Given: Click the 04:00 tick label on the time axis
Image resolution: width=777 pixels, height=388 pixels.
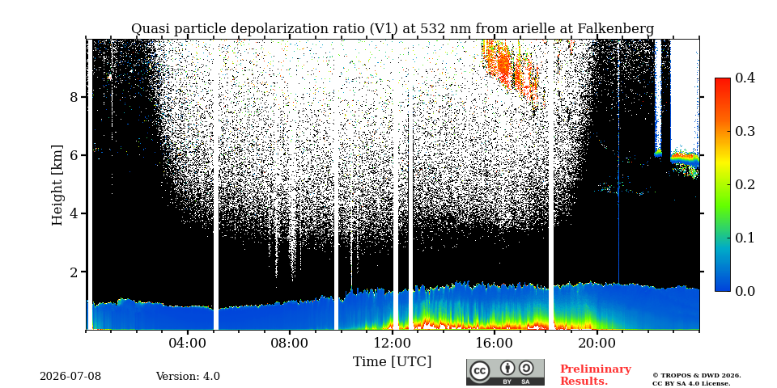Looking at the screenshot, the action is point(188,343).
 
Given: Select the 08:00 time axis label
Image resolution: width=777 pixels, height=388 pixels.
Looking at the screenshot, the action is point(290,343).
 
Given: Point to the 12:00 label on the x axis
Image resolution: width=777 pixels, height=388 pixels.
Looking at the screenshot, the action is point(392,343).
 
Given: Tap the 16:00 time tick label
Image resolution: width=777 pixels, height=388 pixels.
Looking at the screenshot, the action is point(494,343).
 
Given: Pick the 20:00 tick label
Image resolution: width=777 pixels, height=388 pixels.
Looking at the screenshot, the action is point(597,343).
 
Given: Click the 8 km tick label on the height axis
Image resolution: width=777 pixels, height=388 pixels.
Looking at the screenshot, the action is point(74,96).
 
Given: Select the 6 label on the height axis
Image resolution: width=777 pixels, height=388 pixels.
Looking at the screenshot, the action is point(74,155).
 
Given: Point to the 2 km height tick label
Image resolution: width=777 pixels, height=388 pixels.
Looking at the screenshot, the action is point(74,272).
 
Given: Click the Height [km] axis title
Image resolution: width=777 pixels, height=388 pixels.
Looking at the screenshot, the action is point(57,185).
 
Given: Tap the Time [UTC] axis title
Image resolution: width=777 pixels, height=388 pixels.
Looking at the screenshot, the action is point(392,362).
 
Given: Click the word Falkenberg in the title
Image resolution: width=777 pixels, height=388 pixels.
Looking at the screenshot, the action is point(616,29).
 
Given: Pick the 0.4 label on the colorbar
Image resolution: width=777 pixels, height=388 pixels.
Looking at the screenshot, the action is point(745,78).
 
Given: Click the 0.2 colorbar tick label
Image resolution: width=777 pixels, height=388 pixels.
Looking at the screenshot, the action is point(745,184).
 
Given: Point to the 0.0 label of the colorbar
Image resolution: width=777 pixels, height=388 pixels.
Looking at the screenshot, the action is point(745,291).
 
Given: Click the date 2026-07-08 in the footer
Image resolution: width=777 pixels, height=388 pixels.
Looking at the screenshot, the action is point(70,377).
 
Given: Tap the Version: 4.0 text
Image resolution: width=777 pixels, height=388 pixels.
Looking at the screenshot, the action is point(188,377).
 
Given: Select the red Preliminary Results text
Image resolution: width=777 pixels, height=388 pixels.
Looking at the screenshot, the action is point(596,375).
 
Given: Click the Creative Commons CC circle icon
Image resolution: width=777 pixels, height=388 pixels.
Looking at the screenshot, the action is point(480,371).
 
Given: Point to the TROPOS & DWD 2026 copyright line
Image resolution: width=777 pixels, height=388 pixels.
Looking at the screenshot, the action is point(697,376).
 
